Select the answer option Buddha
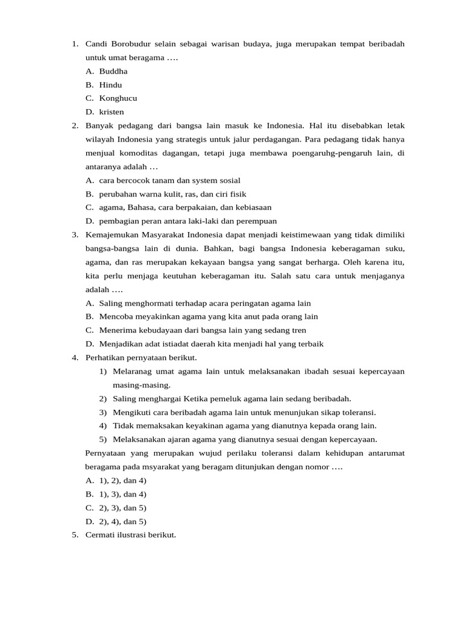click(x=113, y=71)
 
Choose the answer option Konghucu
click(x=118, y=98)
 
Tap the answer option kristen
click(x=112, y=112)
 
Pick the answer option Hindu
click(x=110, y=85)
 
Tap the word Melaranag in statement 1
click(x=133, y=371)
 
